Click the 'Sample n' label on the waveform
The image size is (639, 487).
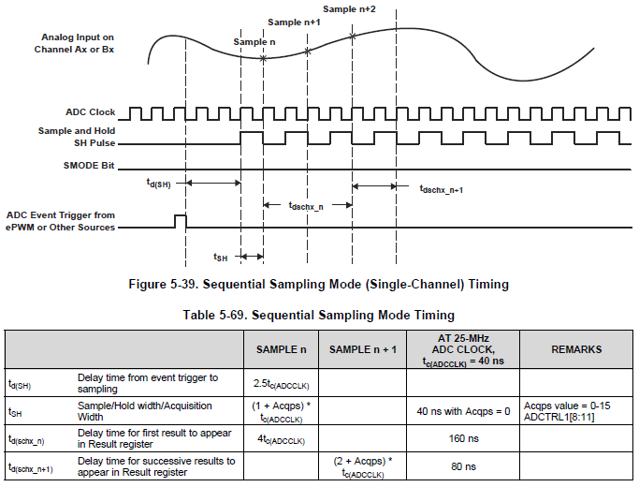pyautogui.click(x=254, y=42)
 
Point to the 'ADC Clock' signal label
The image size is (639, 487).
pyautogui.click(x=91, y=112)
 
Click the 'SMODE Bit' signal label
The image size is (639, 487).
pyautogui.click(x=88, y=165)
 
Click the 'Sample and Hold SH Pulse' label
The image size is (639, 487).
pyautogui.click(x=77, y=137)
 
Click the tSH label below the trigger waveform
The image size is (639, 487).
pyautogui.click(x=220, y=257)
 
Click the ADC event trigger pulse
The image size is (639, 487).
pyautogui.click(x=181, y=221)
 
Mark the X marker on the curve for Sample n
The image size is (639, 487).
pyautogui.click(x=263, y=58)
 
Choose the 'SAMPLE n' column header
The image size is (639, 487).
pyautogui.click(x=281, y=349)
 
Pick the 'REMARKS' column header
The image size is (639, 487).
pyautogui.click(x=574, y=349)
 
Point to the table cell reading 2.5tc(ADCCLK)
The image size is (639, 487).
pyautogui.click(x=281, y=383)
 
